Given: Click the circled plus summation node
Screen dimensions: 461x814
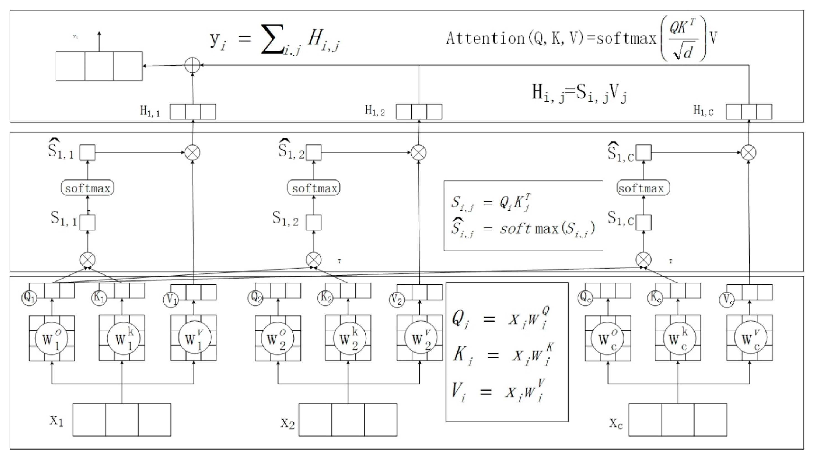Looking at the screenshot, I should (193, 66).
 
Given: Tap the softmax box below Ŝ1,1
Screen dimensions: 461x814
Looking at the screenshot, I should (87, 188).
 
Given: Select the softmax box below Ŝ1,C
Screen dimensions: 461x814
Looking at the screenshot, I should (643, 188).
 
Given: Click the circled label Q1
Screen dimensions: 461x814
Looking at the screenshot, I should (29, 298).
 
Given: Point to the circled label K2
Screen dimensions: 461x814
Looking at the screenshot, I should (326, 298).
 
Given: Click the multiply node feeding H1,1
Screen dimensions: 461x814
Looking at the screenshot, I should (193, 153).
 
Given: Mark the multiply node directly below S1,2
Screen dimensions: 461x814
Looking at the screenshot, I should (313, 260).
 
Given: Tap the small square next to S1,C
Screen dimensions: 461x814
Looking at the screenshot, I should (643, 222).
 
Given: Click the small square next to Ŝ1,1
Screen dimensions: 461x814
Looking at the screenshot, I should (87, 153).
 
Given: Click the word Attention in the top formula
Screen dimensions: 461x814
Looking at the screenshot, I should (485, 38).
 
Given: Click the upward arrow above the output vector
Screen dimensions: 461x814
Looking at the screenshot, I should (99, 41).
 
